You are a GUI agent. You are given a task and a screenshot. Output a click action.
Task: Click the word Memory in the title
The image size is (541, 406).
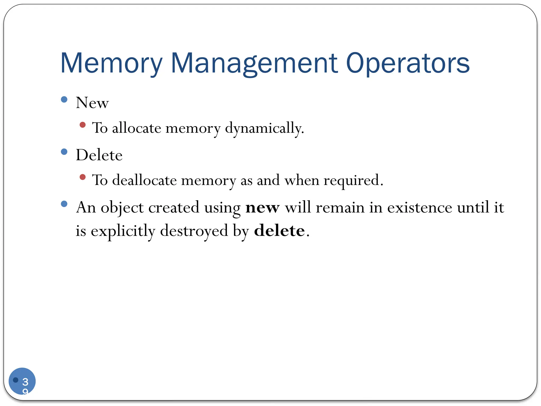click(111, 63)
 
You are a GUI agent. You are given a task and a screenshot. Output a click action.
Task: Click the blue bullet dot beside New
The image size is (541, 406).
click(64, 99)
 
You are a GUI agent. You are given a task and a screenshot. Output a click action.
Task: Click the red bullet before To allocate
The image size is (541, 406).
click(83, 125)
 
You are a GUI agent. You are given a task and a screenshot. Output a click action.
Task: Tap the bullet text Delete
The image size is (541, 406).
click(99, 155)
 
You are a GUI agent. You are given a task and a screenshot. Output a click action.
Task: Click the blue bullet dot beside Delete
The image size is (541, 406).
click(64, 152)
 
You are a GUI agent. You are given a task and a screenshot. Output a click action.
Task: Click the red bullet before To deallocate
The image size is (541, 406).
click(83, 177)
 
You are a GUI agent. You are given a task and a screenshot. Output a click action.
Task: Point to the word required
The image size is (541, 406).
click(353, 181)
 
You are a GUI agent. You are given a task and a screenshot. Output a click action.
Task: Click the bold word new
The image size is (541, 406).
click(262, 208)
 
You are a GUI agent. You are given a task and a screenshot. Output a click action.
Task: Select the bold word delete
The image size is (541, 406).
click(279, 230)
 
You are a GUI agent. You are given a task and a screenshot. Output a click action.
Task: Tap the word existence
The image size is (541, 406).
click(419, 207)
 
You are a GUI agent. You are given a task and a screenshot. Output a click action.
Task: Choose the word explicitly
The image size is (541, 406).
click(123, 231)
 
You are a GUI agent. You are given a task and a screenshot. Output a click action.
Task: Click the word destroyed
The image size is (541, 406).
click(194, 230)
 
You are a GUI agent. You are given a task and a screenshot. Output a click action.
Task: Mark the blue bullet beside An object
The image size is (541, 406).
click(64, 204)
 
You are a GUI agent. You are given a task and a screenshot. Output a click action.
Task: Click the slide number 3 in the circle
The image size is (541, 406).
click(25, 382)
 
